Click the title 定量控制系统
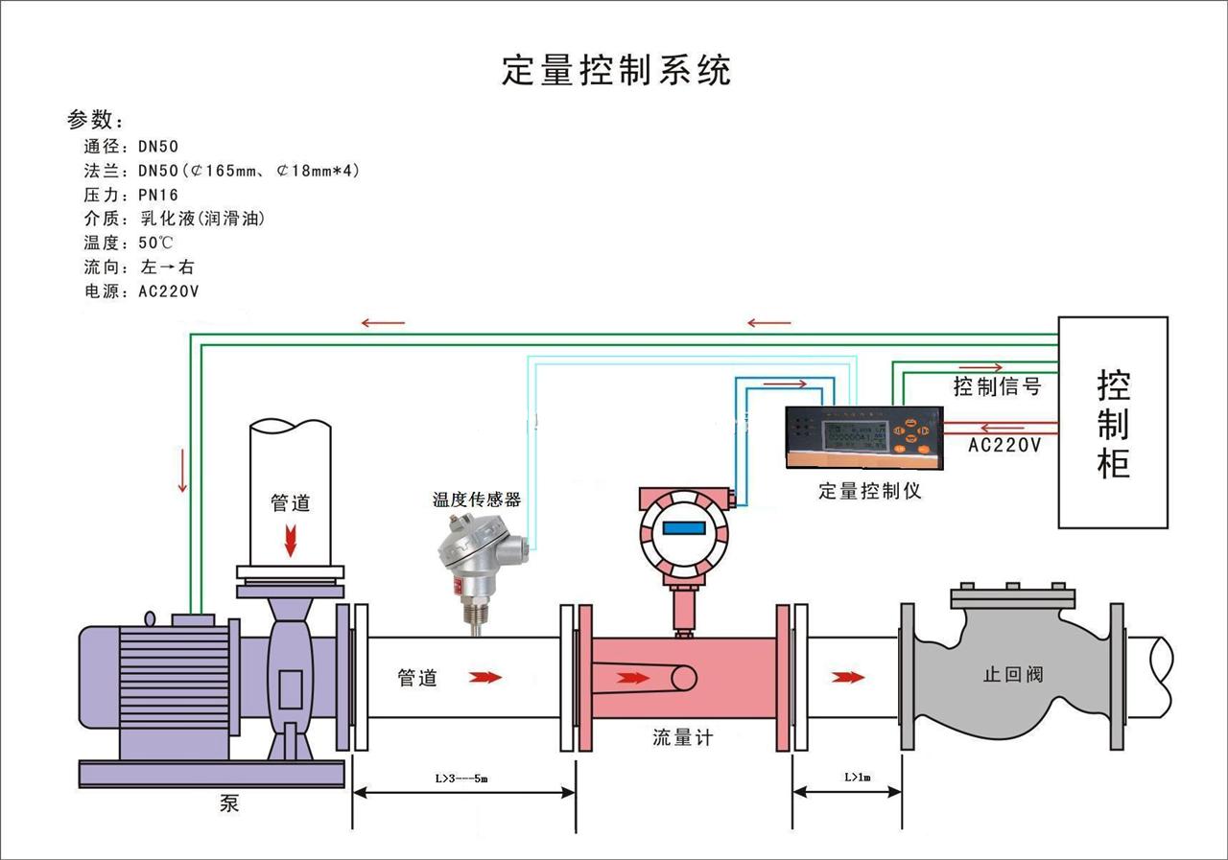pyautogui.click(x=617, y=71)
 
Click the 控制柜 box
pyautogui.click(x=1113, y=423)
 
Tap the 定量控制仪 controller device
pyautogui.click(x=863, y=436)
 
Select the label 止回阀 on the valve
pyautogui.click(x=1012, y=674)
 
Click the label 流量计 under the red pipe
pyautogui.click(x=683, y=737)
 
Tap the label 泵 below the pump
pyautogui.click(x=229, y=803)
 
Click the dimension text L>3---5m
pyautogui.click(x=462, y=779)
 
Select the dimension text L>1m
pyautogui.click(x=857, y=777)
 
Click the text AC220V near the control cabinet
pyautogui.click(x=1004, y=445)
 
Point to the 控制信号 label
pyautogui.click(x=997, y=386)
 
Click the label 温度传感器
pyautogui.click(x=477, y=500)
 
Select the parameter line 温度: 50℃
pyautogui.click(x=130, y=243)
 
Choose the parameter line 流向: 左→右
pyautogui.click(x=139, y=267)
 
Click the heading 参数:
pyautogui.click(x=95, y=121)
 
